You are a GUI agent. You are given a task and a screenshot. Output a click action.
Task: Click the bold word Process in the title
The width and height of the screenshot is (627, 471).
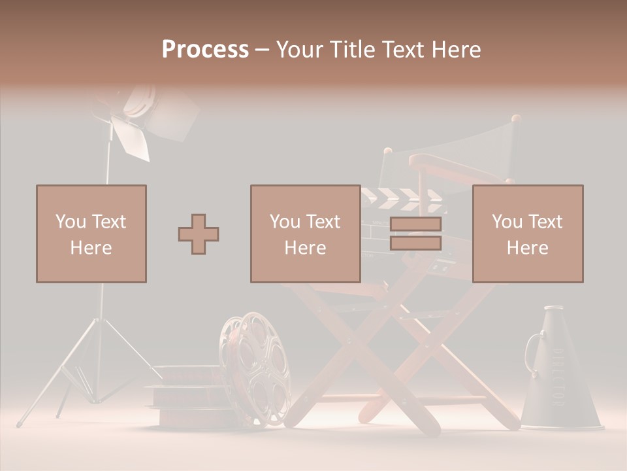(205, 50)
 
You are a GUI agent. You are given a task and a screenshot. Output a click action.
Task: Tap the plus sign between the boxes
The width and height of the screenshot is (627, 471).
(199, 234)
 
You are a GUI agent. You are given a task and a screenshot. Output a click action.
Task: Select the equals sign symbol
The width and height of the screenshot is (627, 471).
(415, 234)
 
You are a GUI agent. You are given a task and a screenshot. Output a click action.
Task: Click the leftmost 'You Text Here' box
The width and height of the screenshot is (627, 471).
(91, 234)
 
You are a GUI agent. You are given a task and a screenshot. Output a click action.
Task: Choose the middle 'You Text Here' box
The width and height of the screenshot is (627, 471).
(306, 234)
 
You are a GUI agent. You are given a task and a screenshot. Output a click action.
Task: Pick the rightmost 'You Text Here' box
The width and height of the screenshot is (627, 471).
(528, 234)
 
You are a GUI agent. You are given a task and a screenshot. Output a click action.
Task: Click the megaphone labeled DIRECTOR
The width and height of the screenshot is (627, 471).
(559, 379)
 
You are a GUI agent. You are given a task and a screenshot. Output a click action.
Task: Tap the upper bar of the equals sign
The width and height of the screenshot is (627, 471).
(415, 224)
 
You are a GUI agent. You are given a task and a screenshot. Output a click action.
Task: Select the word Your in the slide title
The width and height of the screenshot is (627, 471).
(300, 50)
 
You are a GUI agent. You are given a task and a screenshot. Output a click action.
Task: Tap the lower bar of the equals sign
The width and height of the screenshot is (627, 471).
(415, 243)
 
